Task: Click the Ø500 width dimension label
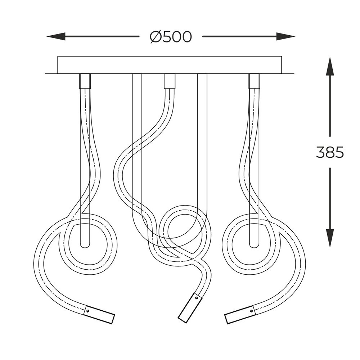(x=170, y=37)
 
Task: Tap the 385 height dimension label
(x=330, y=152)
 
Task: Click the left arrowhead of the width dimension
(x=56, y=36)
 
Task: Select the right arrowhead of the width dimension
(x=285, y=36)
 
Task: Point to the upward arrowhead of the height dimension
(x=330, y=66)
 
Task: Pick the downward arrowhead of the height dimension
(x=330, y=238)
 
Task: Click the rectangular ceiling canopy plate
(x=170, y=65)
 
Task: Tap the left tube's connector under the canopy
(x=85, y=81)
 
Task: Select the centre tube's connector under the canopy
(x=169, y=81)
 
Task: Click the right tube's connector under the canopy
(x=254, y=81)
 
